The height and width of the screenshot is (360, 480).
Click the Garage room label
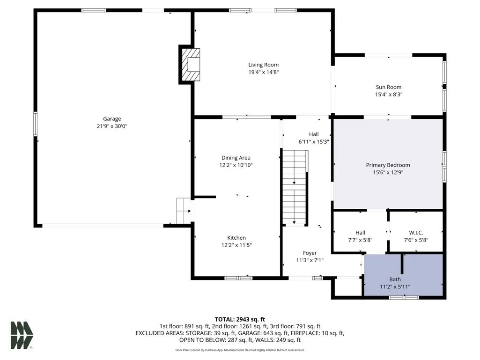112,119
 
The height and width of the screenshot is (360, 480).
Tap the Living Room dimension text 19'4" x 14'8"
263,72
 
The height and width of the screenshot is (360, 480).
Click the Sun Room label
389,87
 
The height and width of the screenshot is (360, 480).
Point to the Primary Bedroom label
388,165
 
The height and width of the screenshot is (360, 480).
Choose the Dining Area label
236,158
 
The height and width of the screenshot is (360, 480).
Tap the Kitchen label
236,237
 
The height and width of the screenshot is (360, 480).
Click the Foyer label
310,253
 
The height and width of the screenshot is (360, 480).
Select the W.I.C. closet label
416,233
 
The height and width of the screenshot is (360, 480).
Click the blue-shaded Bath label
395,279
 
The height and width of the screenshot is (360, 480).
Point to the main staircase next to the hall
295,187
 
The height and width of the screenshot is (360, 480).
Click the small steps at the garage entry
184,211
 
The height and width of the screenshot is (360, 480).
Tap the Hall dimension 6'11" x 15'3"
314,142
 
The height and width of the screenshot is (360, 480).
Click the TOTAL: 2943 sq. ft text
240,319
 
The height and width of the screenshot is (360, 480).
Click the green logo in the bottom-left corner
22,335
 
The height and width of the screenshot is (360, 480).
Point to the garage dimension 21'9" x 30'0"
112,126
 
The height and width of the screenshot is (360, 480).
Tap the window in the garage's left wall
36,124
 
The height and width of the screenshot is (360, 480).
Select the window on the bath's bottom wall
404,297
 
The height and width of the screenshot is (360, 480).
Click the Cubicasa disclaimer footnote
240,350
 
